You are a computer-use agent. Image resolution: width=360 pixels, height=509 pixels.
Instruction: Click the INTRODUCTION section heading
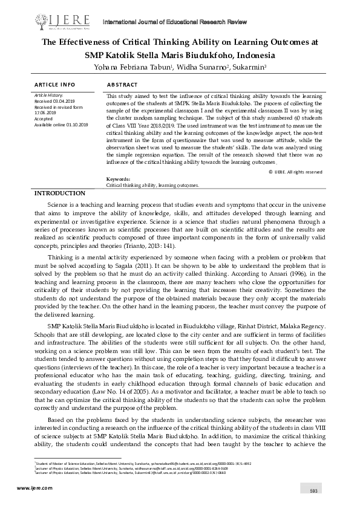coord(59,193)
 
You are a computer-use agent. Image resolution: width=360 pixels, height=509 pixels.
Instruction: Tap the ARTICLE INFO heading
coord(55,85)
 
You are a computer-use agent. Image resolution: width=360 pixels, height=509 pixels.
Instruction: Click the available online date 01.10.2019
coord(74,125)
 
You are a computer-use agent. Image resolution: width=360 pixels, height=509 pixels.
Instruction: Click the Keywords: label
coord(117,180)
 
